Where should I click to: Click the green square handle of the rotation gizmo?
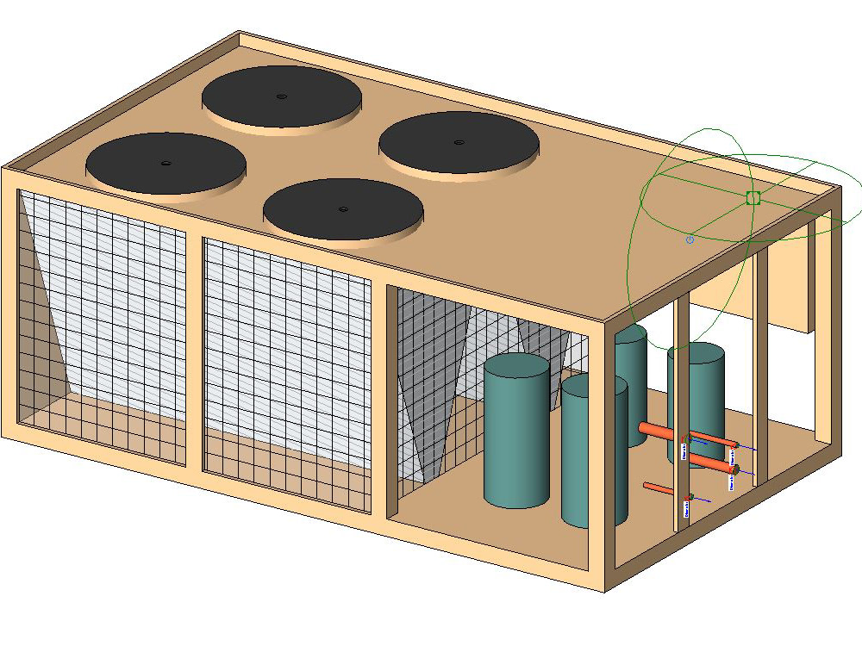tap(753, 198)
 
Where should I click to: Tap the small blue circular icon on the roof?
tap(690, 239)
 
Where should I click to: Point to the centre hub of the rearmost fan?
tap(280, 96)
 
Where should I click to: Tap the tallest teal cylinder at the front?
tap(515, 431)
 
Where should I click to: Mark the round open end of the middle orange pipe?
tap(735, 469)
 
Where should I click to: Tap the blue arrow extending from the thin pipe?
tap(703, 499)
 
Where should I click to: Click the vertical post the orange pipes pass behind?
tap(681, 413)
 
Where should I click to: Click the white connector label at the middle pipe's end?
tap(731, 482)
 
